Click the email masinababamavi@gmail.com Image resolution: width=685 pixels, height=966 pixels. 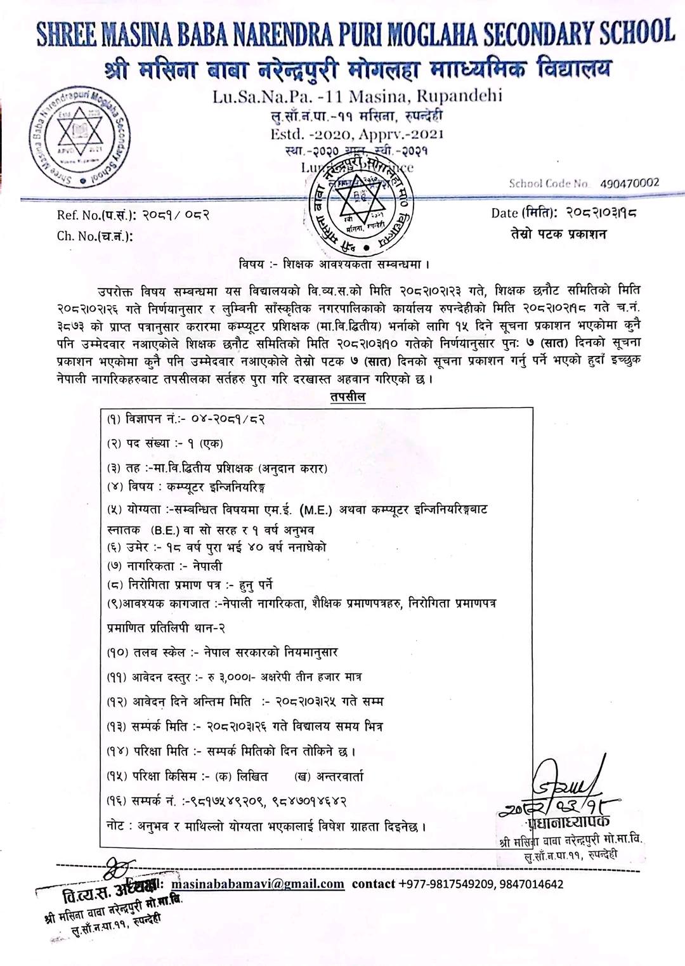258,884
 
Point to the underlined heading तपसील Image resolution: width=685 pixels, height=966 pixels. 348,397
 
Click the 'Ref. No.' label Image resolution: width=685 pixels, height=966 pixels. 78,215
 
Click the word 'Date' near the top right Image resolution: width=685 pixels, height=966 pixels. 505,213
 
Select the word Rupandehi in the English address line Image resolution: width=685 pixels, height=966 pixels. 461,96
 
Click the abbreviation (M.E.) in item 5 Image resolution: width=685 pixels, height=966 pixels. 316,509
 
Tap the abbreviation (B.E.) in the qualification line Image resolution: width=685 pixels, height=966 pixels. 166,530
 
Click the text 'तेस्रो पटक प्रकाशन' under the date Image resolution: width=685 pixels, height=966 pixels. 559,234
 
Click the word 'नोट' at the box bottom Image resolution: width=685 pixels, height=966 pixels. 117,826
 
